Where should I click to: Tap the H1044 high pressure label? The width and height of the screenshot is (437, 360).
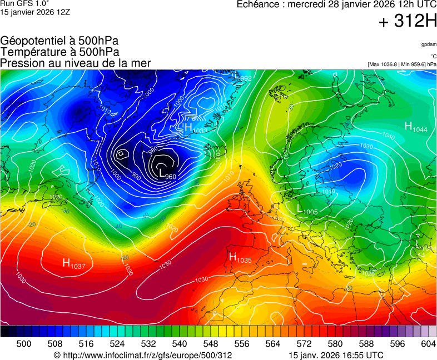[x=415, y=127]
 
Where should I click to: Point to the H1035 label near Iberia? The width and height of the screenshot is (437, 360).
[x=240, y=257]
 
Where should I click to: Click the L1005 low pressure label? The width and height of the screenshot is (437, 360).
[x=307, y=210]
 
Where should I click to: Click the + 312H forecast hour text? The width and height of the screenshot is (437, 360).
[x=408, y=22]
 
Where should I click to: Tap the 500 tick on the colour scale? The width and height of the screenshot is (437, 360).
[x=24, y=344]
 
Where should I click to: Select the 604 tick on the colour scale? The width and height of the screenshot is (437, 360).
[x=428, y=344]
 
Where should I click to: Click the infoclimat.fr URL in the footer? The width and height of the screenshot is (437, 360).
[x=142, y=355]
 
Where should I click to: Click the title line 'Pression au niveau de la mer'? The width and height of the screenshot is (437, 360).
[x=76, y=63]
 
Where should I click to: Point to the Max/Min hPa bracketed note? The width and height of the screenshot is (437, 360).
[x=402, y=64]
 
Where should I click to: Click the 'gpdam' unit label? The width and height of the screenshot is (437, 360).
[x=428, y=44]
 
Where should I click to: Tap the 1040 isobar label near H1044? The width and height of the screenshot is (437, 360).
[x=388, y=136]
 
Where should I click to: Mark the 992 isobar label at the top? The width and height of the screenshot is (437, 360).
[x=246, y=78]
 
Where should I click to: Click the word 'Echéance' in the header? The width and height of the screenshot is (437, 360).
[x=257, y=4]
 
